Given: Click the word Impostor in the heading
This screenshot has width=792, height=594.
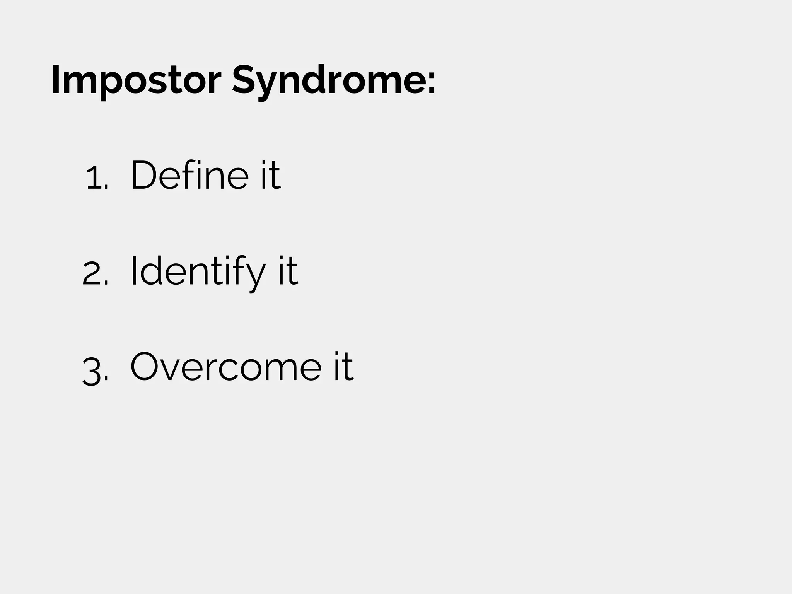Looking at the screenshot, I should (135, 80).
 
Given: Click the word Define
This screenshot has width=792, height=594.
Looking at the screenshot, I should (189, 175).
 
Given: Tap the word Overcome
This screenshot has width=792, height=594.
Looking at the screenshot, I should (226, 367).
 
